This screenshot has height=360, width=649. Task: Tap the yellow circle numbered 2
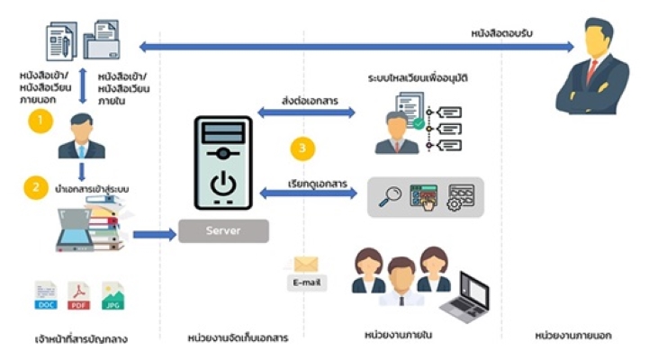point(35,187)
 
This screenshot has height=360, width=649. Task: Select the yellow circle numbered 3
point(305,148)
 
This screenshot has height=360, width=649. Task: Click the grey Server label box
point(223,230)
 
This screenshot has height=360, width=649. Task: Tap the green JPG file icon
point(113,296)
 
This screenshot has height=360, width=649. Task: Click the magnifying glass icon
point(390,196)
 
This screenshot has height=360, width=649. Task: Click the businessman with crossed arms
point(592,67)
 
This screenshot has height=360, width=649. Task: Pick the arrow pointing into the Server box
point(154,234)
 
